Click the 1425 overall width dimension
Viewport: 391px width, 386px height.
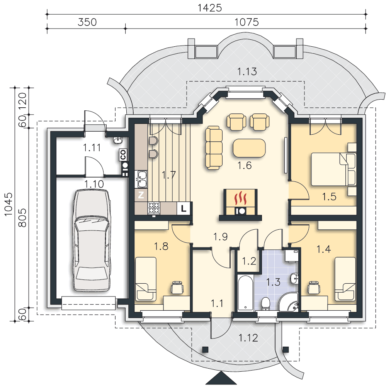(210, 8)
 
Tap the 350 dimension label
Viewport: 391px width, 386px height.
(87, 22)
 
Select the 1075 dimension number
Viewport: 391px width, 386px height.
(246, 22)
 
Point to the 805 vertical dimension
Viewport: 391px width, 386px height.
(22, 218)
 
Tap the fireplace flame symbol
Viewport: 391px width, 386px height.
(240, 198)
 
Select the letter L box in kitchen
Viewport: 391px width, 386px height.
(184, 208)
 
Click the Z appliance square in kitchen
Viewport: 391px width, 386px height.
(141, 195)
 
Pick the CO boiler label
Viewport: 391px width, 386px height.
(123, 155)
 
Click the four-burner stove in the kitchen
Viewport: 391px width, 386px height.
(154, 208)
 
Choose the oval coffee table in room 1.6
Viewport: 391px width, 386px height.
(249, 148)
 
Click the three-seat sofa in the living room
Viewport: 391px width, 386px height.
(214, 147)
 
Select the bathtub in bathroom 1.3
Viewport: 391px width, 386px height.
(246, 293)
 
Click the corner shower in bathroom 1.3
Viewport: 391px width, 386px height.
(288, 302)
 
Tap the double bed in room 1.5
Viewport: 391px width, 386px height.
(333, 169)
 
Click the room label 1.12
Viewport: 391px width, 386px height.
(248, 338)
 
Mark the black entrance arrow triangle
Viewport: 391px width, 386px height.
(221, 378)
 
